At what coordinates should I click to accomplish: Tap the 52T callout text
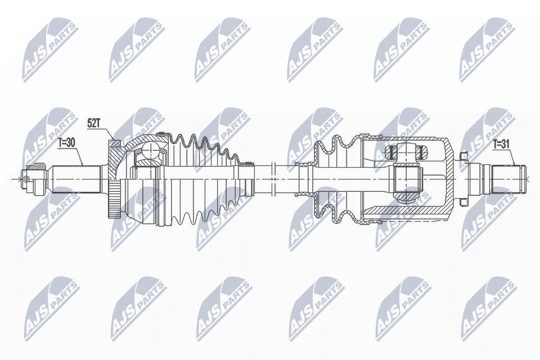pyautogui.click(x=94, y=123)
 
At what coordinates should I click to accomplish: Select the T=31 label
pyautogui.click(x=501, y=144)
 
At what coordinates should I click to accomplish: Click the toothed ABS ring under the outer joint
pyautogui.click(x=115, y=201)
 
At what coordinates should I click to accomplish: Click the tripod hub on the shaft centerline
pyautogui.click(x=406, y=179)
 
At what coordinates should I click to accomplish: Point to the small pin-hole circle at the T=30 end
pyautogui.click(x=26, y=179)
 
